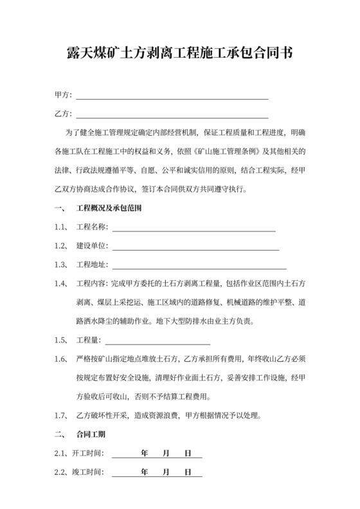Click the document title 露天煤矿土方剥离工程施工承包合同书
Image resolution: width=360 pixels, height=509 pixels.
coord(180,53)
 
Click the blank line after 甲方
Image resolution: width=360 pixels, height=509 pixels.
coord(172,96)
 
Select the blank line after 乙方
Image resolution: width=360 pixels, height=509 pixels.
coord(172,115)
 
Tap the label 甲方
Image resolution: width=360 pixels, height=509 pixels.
coord(62,95)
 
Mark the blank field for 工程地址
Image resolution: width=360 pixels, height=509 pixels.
coord(199,265)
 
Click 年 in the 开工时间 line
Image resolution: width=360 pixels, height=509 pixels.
coord(144,453)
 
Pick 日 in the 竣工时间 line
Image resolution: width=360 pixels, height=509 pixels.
coord(188,472)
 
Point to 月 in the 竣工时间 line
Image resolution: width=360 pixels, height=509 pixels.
coord(166,472)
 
